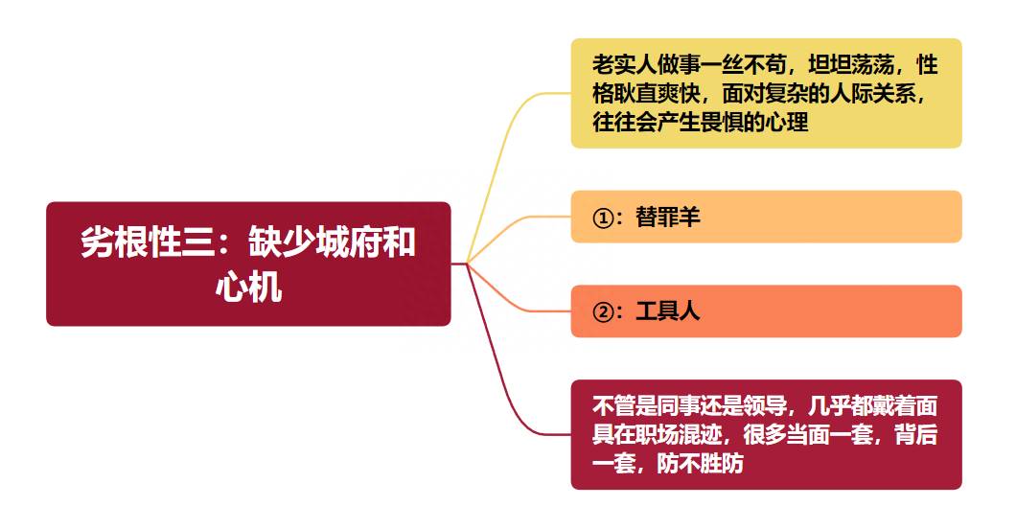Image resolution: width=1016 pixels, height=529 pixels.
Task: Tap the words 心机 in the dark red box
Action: click(249, 287)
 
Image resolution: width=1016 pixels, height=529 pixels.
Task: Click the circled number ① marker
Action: click(603, 218)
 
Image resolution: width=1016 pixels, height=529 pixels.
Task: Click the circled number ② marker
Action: click(603, 312)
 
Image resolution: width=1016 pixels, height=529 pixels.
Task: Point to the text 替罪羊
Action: click(668, 217)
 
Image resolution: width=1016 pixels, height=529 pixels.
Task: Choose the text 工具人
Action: click(668, 311)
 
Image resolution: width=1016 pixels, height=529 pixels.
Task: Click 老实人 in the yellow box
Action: click(625, 65)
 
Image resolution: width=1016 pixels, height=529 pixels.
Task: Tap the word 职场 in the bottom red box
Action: click(657, 434)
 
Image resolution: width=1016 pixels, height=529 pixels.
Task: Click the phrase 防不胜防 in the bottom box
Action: click(701, 464)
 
